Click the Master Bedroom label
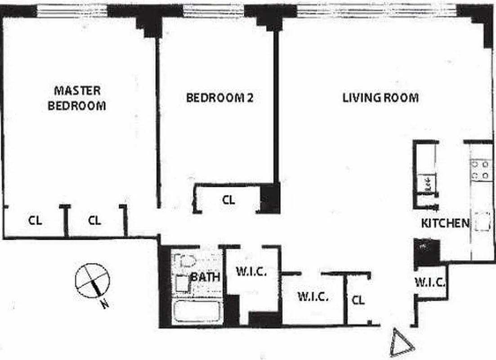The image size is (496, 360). tap(77, 98)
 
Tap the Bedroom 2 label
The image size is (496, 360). tap(219, 98)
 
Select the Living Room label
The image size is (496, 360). tap(380, 98)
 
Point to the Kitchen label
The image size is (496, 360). tap(445, 223)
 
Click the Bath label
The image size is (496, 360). tap(205, 276)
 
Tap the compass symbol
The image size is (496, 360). tap(92, 281)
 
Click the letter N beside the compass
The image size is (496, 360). tap(105, 305)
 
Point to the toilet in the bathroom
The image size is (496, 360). tap(186, 261)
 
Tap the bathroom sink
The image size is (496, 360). tap(182, 283)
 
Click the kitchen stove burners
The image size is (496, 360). tap(480, 170)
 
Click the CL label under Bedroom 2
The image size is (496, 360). tap(228, 200)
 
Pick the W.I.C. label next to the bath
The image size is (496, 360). tap(251, 272)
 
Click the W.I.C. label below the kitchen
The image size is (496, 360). tap(430, 283)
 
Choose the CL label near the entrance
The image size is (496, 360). tap(358, 300)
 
